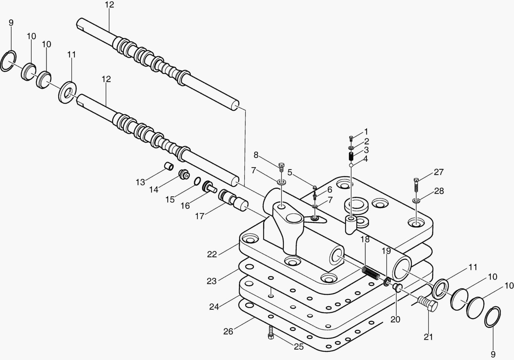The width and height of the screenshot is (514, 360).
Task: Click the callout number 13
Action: point(140,182)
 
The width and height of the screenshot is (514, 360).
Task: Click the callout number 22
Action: point(212,254)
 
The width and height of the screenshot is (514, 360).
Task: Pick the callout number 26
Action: point(228,331)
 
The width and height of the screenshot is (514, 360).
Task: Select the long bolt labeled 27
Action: point(416,185)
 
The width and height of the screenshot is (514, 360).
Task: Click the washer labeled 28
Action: point(416,201)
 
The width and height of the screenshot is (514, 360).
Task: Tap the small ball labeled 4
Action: point(351,165)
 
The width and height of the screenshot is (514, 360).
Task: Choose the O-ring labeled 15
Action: point(197,181)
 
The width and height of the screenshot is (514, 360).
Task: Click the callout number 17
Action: point(200,216)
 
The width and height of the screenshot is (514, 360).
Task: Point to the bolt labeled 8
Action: point(281,167)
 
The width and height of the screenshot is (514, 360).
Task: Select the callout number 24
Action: point(214,306)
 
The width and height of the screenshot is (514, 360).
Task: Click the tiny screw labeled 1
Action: point(351,138)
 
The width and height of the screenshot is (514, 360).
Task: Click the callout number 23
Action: point(212,281)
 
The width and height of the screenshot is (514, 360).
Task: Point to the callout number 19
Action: point(386,251)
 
